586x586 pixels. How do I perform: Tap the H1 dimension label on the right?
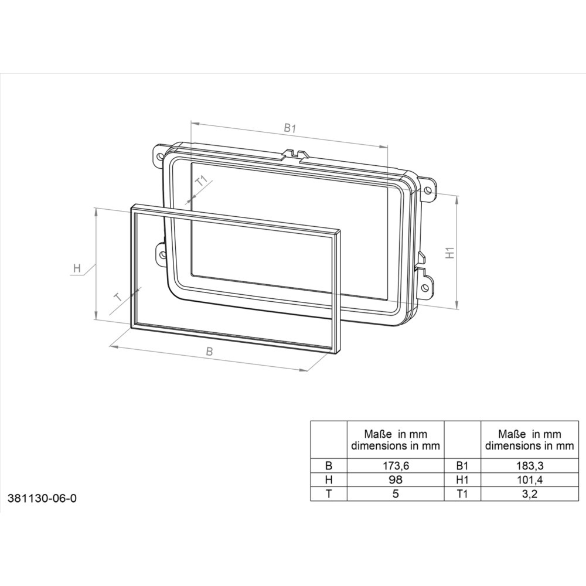click(450, 253)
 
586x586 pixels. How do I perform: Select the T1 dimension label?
click(201, 182)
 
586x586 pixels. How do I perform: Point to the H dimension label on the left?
click(77, 269)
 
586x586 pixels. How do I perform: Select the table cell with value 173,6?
click(395, 466)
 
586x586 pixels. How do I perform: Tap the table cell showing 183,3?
click(529, 466)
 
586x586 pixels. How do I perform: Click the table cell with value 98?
click(395, 479)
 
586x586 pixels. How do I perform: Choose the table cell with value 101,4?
click(529, 479)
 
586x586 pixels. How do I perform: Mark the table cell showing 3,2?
click(529, 493)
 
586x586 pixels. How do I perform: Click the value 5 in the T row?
click(395, 493)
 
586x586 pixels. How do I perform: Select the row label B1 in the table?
click(462, 466)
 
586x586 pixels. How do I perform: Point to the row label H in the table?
click(328, 479)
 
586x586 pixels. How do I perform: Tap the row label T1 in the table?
click(462, 493)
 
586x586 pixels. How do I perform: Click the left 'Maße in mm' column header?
click(395, 439)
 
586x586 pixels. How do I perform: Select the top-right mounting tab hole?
click(430, 190)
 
